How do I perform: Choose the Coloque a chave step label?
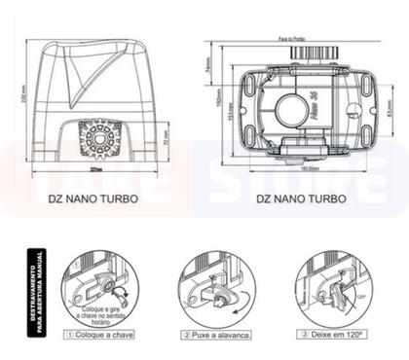pos(100,334)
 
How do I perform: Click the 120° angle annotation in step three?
pos(362,290)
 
